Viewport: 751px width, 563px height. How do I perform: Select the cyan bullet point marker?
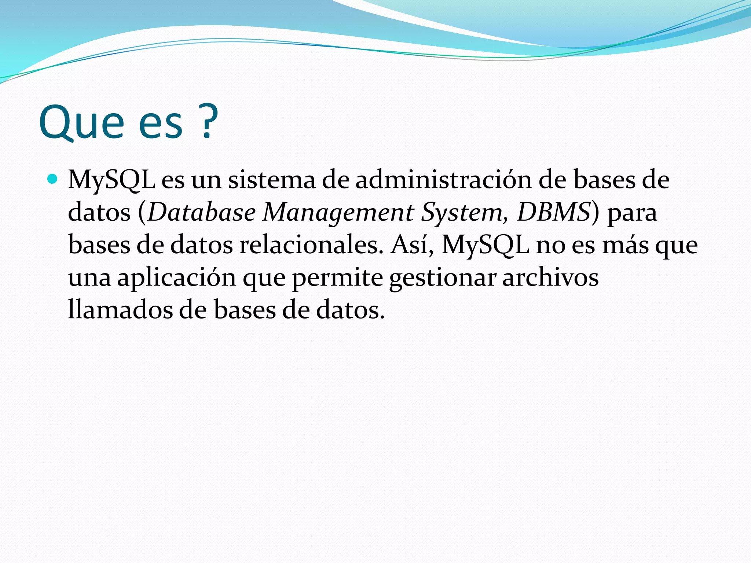pos(53,179)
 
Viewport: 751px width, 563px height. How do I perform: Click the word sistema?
pos(271,180)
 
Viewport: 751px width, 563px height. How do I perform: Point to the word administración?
pos(443,180)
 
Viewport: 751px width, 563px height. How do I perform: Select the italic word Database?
pos(202,212)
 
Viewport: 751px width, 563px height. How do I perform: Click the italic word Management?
pos(338,213)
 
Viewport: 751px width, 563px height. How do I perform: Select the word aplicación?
pos(176,278)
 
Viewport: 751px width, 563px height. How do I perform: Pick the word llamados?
pos(120,310)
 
